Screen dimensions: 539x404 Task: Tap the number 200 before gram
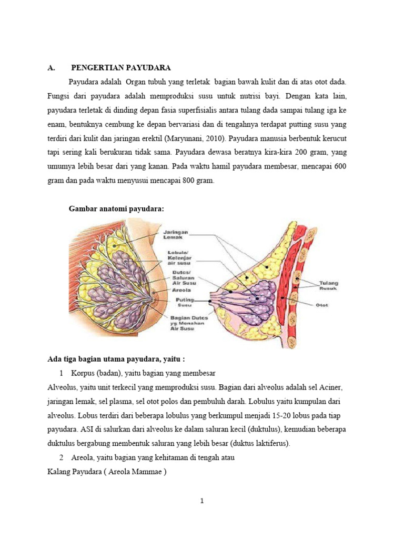[298, 152]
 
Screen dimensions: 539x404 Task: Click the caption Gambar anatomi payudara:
[117, 209]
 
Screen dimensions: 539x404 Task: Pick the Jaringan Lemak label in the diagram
[176, 234]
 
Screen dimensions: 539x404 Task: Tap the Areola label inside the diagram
[181, 290]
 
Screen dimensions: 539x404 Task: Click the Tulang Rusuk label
[329, 285]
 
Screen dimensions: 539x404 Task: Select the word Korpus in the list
[83, 373]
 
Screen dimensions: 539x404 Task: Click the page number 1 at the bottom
[201, 501]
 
